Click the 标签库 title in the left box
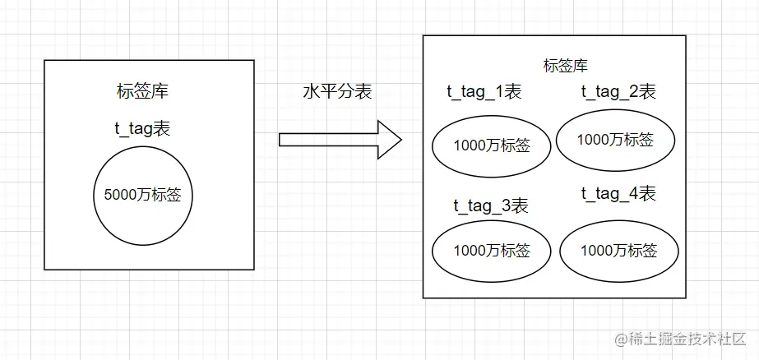point(143,91)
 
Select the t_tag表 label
point(142,128)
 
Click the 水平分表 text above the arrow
point(337,92)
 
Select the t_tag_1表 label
point(484,92)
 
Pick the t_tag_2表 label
point(618,92)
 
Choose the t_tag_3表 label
point(491,205)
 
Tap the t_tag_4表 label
point(618,195)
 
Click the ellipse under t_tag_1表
point(492,146)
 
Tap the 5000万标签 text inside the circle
point(143,196)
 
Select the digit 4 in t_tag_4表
point(633,195)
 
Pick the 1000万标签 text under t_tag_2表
point(615,140)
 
